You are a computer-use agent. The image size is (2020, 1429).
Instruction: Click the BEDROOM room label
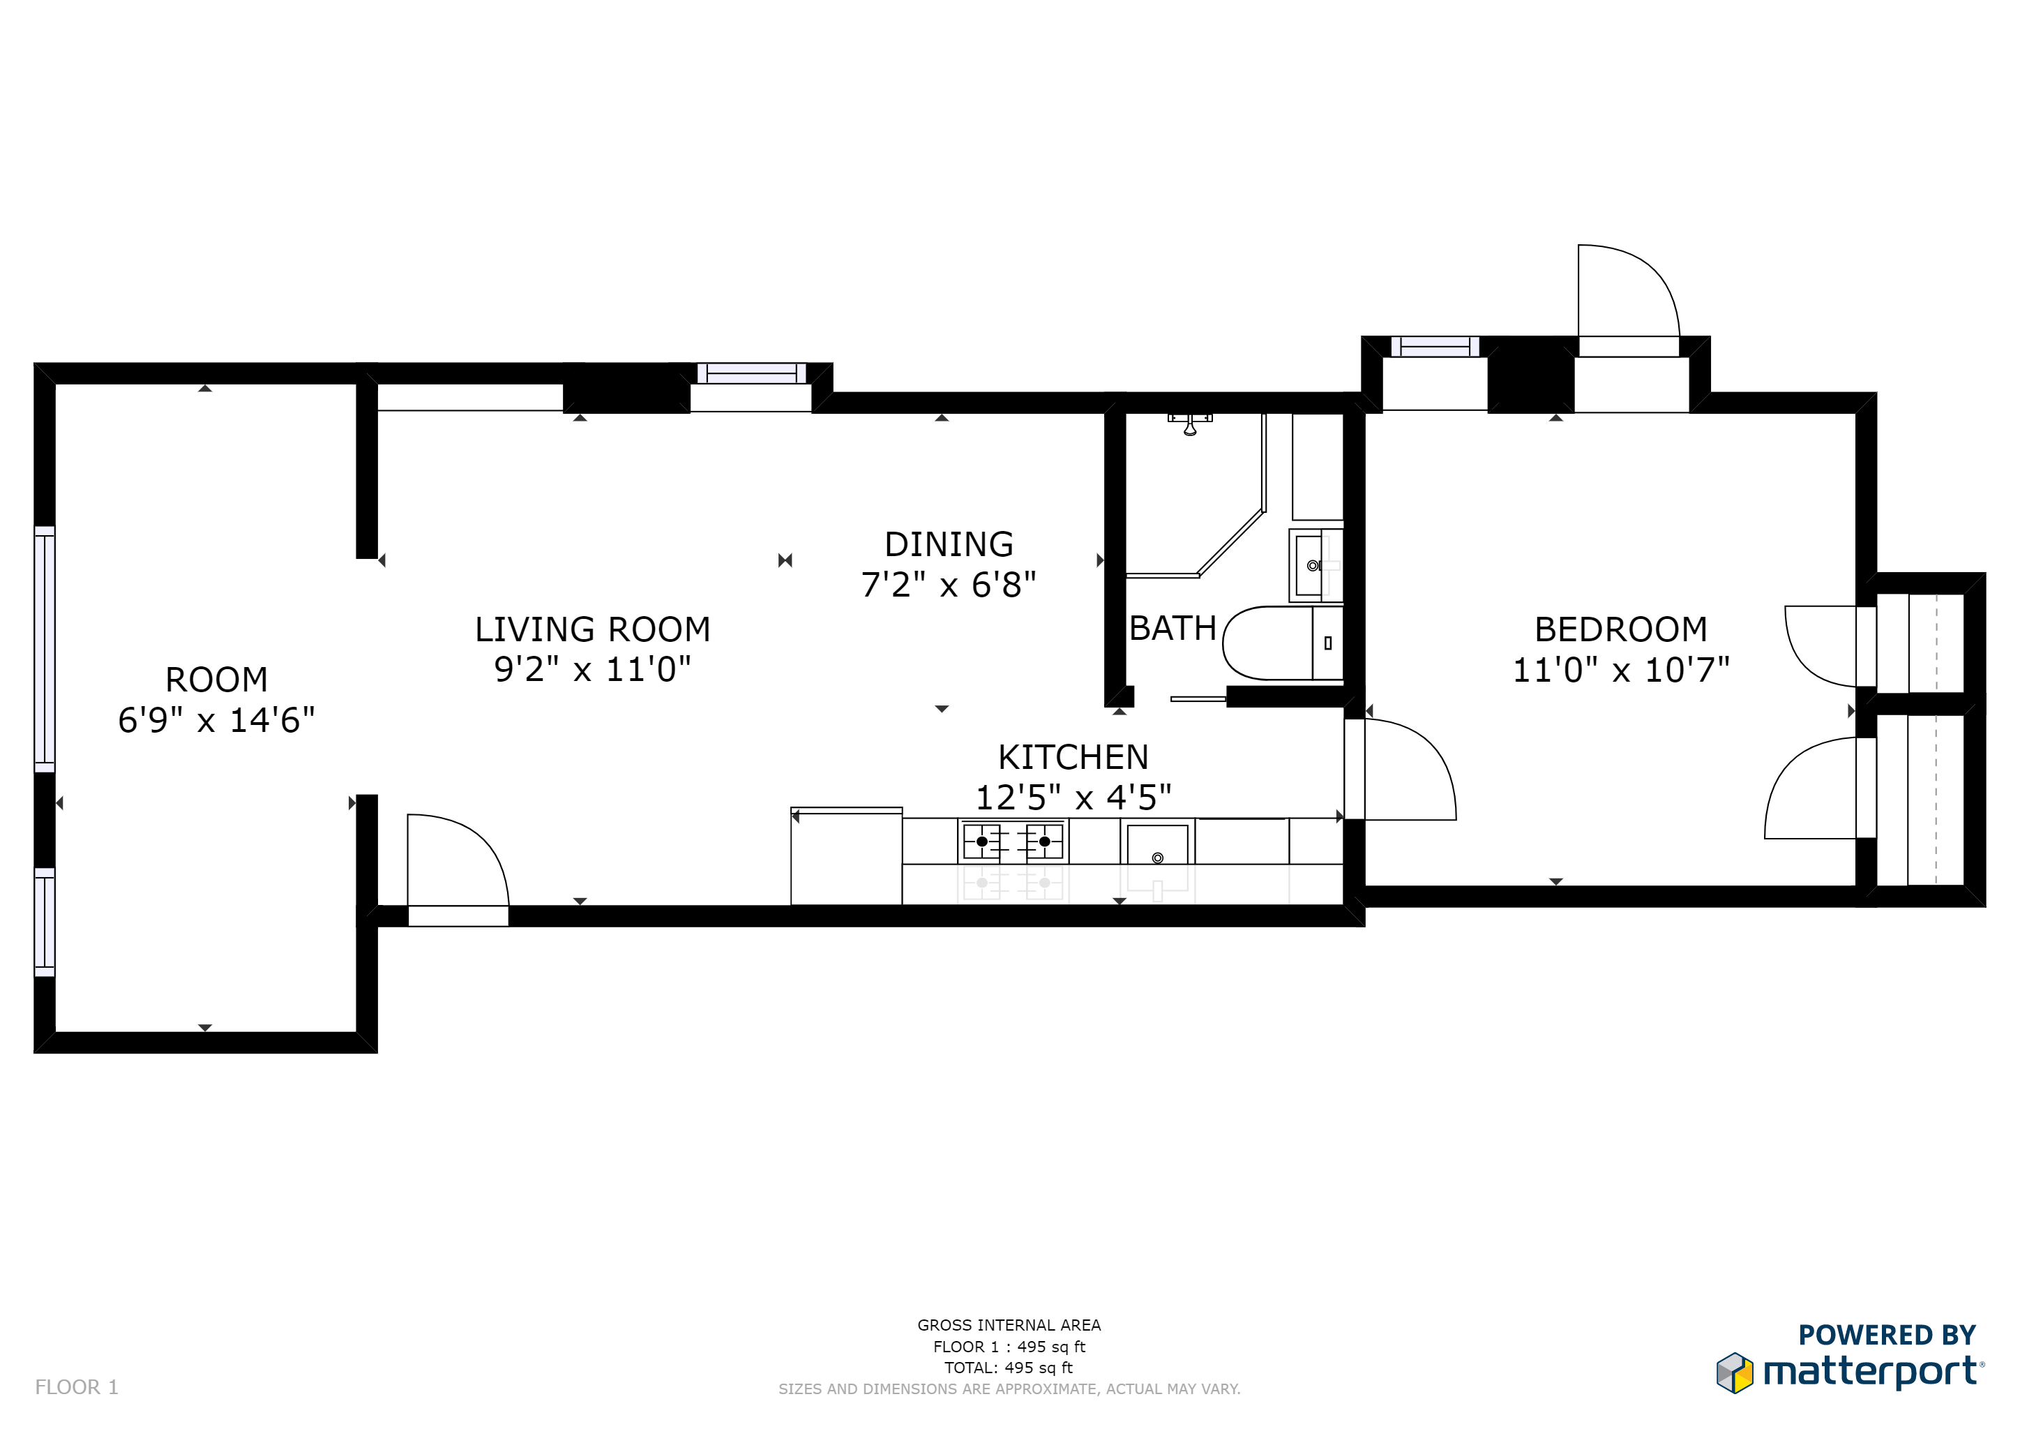coord(1620,630)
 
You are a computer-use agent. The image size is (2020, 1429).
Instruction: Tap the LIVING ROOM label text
coord(592,630)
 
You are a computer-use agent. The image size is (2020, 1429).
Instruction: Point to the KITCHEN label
coord(1073,758)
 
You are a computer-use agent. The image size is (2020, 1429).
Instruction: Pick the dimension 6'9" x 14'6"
coord(216,721)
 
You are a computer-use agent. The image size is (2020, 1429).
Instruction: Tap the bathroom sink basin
coord(1311,566)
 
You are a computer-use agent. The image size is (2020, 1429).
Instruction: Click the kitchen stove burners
coord(1013,842)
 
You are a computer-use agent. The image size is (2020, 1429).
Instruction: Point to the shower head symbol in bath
coord(1189,425)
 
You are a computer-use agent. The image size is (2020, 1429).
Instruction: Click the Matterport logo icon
coord(1734,1372)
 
